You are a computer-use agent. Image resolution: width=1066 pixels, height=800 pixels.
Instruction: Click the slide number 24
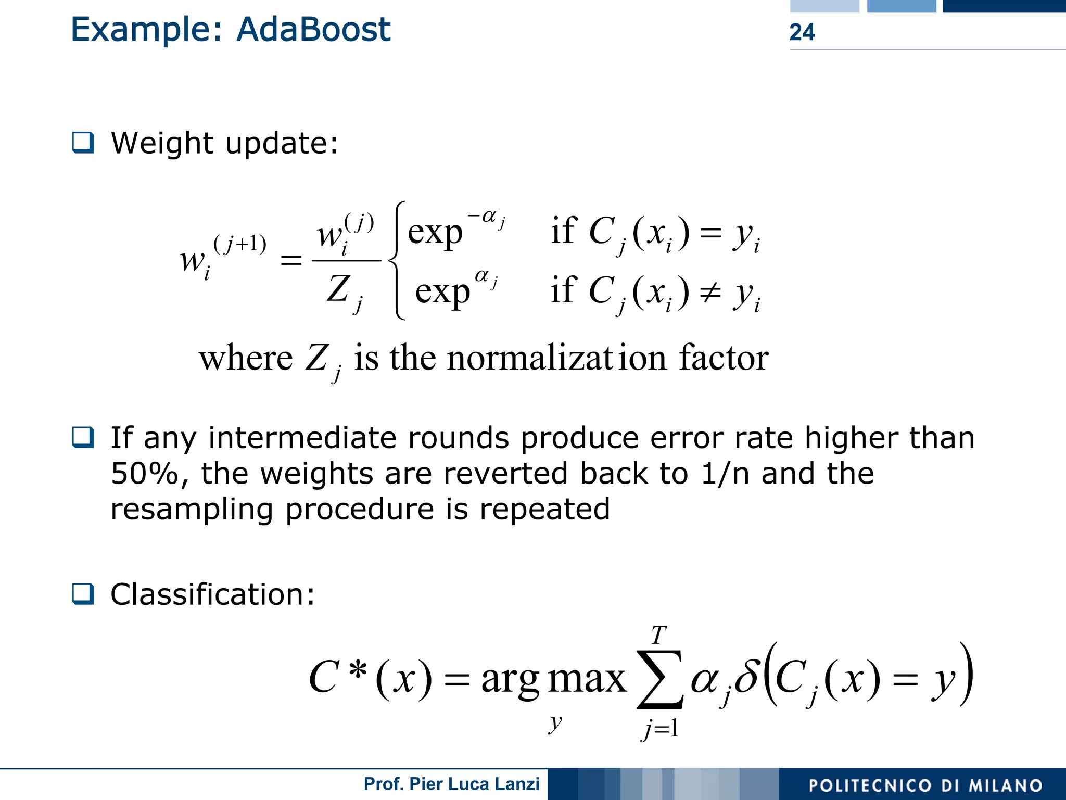point(802,32)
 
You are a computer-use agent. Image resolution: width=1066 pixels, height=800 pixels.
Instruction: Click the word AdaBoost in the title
point(313,30)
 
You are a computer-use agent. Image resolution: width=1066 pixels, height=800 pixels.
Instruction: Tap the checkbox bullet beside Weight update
point(83,143)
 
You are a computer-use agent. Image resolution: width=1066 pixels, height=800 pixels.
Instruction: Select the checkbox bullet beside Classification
point(83,593)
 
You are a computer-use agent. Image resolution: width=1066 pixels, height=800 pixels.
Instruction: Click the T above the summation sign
point(658,636)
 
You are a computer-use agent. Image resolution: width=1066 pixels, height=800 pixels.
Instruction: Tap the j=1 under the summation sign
point(660,728)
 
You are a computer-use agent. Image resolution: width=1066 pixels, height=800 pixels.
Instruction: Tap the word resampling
point(192,509)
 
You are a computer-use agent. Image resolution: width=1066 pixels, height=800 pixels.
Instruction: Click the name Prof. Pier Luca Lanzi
point(451,784)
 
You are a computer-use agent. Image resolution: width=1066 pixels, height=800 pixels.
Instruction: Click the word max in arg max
point(587,679)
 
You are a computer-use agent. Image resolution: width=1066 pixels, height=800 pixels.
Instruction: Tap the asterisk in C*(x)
point(358,670)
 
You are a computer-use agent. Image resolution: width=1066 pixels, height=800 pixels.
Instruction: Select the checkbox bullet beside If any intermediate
point(83,437)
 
